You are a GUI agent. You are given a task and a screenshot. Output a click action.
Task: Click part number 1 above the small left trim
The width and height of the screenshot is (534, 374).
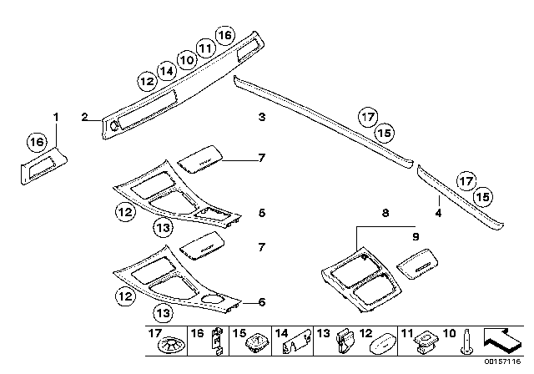point(56,117)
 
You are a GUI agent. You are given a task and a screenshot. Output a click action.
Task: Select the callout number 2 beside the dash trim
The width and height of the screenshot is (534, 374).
point(84,117)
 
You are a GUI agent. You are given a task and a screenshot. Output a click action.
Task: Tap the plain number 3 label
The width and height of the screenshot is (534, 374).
point(261,117)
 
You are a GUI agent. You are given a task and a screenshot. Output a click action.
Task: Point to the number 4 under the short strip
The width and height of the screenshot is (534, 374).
point(438,213)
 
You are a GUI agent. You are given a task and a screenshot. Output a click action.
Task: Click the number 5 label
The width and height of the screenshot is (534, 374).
point(261,213)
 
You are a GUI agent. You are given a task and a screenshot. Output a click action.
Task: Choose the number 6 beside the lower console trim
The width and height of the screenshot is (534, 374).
point(261,302)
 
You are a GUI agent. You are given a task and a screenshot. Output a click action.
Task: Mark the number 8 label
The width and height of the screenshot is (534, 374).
point(385,213)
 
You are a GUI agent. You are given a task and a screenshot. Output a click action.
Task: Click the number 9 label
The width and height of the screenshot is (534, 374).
point(416,236)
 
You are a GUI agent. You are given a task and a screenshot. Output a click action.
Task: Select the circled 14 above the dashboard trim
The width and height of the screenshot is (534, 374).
point(167,71)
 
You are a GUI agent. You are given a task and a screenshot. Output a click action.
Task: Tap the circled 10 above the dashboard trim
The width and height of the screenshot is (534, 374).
point(186,60)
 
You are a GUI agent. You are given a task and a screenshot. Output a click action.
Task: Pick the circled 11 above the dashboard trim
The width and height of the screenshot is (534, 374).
point(205,48)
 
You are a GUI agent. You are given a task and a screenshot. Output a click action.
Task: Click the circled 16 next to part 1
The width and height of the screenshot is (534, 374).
point(37,141)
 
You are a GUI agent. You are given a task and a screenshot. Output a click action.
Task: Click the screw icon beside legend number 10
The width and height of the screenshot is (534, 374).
point(466,341)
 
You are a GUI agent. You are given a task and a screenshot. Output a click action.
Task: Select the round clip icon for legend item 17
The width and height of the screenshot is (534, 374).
point(172,345)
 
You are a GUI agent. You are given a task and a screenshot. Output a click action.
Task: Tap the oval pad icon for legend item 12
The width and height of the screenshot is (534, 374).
point(383,344)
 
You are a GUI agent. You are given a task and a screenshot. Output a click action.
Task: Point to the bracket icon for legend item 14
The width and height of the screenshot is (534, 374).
point(297,341)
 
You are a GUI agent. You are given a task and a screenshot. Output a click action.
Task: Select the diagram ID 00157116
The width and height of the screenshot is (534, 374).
point(502,361)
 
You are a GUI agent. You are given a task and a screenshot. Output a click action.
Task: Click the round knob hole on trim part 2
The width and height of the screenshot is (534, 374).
point(114,126)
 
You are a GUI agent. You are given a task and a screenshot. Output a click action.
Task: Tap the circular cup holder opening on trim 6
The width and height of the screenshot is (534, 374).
point(212,300)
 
